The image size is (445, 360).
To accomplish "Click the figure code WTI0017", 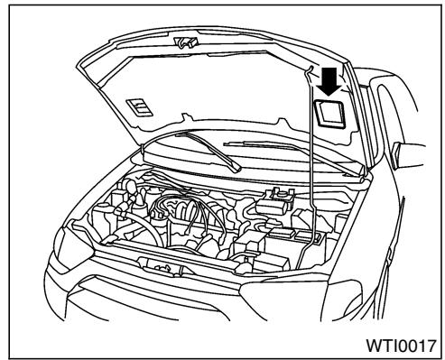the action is pyautogui.click(x=391, y=342).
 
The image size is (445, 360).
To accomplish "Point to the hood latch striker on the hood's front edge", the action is pyautogui.click(x=187, y=42).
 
